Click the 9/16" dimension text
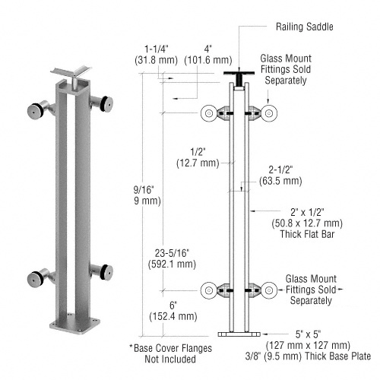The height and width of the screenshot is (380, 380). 138,194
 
